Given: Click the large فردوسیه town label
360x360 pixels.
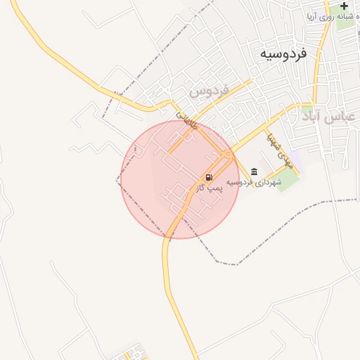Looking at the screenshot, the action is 283,53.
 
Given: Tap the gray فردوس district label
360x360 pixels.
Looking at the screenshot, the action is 210,91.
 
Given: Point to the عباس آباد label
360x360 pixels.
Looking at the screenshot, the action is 330,116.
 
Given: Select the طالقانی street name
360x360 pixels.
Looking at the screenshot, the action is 186,117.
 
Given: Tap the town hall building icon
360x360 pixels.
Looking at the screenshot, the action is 254,172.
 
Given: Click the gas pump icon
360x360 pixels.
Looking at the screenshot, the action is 209,177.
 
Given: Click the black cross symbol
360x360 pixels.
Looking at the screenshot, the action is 344,6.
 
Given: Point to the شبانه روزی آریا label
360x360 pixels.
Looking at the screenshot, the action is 329,15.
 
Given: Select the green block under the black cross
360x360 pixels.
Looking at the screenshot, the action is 346,19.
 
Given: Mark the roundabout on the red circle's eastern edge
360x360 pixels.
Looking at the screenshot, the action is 226,153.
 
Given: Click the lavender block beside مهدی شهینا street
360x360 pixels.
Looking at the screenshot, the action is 294,158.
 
